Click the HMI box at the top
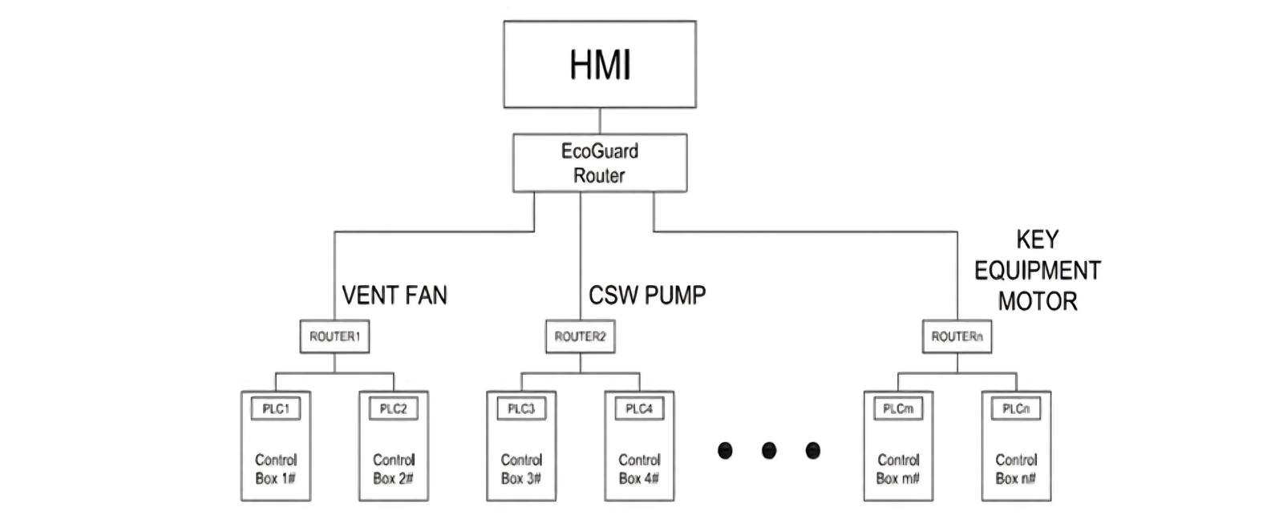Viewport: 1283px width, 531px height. point(600,64)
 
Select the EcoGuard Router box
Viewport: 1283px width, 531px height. point(600,163)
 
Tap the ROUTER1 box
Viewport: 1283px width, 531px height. point(334,336)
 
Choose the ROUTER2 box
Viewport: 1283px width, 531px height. point(580,336)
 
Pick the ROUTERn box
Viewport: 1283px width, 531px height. point(957,336)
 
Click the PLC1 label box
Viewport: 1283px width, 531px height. point(276,408)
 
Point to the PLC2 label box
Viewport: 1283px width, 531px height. point(394,408)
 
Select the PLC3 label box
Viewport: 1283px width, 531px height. point(521,408)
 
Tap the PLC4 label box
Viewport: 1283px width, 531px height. point(639,408)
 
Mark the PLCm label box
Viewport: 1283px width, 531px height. point(898,408)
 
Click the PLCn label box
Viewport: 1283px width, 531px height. point(1016,408)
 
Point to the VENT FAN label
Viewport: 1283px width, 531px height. point(395,296)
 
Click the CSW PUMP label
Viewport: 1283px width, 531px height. point(647,296)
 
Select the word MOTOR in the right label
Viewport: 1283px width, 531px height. point(1038,302)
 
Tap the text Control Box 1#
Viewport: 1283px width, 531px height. point(276,469)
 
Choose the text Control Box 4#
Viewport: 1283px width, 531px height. point(639,469)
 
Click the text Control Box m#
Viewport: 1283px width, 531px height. point(898,469)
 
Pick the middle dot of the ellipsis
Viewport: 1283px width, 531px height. point(769,450)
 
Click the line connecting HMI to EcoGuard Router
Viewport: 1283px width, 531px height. point(600,121)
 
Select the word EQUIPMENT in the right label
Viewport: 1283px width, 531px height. point(1038,271)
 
